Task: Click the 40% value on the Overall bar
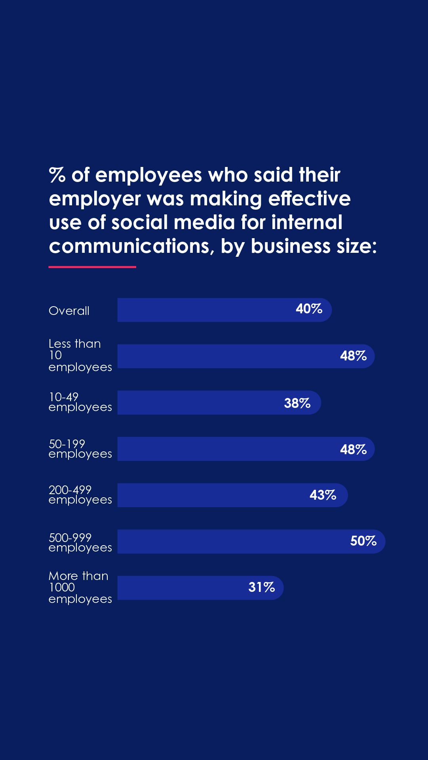(x=309, y=309)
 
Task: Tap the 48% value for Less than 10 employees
(x=353, y=356)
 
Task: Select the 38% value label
(x=297, y=403)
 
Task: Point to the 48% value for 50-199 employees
(x=353, y=449)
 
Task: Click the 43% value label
(x=323, y=495)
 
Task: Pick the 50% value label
(x=363, y=541)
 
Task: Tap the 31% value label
(x=261, y=587)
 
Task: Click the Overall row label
(x=69, y=311)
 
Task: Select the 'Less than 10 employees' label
(x=80, y=355)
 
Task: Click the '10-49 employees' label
(x=80, y=402)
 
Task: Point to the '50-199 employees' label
(x=80, y=449)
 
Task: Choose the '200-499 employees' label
(x=80, y=495)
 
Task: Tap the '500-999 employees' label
(x=80, y=542)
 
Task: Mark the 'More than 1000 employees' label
(x=80, y=588)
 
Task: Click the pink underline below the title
(x=92, y=267)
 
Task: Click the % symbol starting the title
(x=57, y=175)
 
